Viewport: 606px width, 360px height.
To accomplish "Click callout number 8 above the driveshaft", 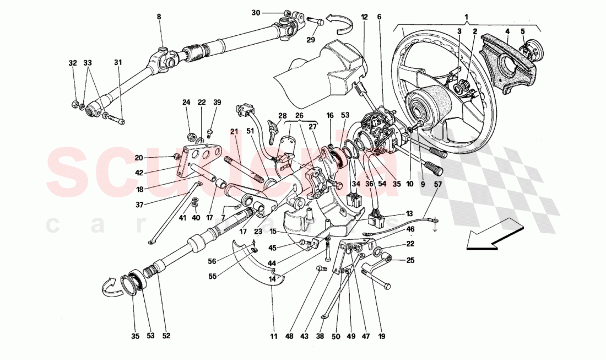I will tap(159, 17).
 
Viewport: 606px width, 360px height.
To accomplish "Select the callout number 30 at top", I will tap(270, 12).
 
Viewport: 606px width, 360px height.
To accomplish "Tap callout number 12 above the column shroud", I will tap(364, 17).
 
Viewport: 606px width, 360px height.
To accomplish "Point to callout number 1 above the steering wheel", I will tap(467, 17).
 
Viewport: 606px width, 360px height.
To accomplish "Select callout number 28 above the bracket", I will tap(283, 116).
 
